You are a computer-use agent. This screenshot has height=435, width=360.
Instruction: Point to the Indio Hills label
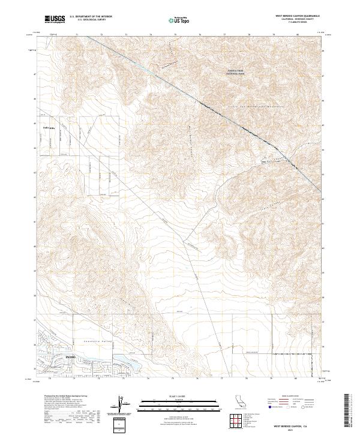pos(47,128)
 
